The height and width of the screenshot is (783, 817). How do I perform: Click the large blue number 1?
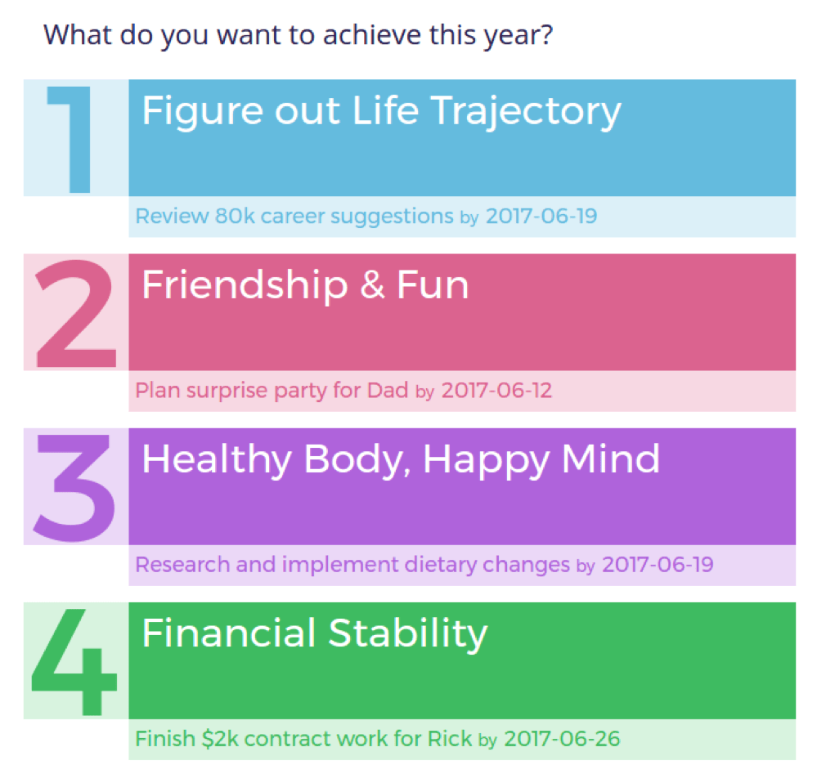pos(73,140)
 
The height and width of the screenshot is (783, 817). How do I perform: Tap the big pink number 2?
pos(75,314)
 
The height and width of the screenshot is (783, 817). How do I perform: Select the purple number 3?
pos(74,488)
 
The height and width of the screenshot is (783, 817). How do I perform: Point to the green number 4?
pos(74,662)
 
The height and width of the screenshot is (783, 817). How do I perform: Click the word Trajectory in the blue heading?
pos(526,111)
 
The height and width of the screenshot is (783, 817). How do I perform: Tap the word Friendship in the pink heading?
pos(245,285)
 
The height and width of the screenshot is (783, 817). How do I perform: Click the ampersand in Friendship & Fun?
pos(372,286)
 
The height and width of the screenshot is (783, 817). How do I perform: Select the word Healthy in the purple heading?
pos(216,459)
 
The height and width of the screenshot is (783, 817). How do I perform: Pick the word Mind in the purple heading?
pos(611,459)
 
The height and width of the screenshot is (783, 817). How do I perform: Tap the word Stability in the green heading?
pos(408,634)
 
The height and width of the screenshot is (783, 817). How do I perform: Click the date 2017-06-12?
pos(496,391)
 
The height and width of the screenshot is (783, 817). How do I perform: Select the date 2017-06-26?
pos(562,739)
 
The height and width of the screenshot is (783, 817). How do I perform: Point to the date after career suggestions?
pos(541,216)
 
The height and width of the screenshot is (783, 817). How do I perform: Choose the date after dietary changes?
pos(657,564)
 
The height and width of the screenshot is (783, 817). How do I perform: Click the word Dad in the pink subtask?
pos(388,391)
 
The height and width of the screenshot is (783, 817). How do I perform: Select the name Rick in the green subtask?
pos(449,739)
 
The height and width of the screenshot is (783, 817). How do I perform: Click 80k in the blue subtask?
pos(235,216)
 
